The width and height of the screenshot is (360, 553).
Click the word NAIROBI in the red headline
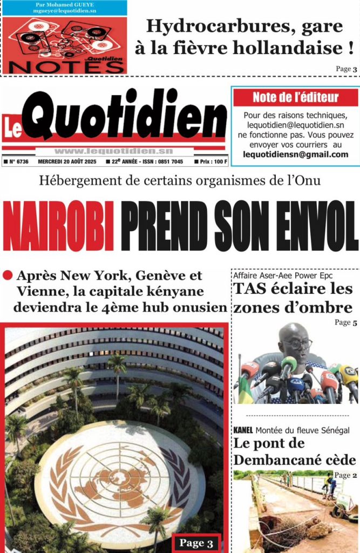58,226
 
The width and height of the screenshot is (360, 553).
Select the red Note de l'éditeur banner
295,98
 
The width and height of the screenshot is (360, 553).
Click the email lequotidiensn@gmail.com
295,154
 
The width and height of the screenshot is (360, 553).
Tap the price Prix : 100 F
213,161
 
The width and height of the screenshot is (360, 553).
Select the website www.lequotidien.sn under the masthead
113,151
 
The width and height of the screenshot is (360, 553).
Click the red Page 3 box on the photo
196,543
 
